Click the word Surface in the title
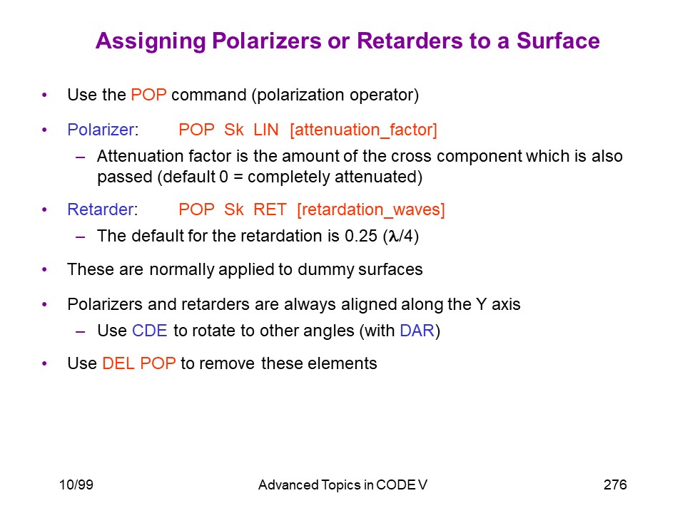558,41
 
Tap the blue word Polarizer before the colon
101,130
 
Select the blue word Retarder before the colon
100,209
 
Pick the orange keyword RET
270,209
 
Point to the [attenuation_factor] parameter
363,130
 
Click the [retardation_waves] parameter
371,209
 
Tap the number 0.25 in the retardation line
361,236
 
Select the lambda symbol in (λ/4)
393,237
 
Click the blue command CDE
149,331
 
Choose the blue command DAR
417,331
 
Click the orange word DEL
118,363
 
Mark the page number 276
615,484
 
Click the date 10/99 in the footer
76,484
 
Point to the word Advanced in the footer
288,484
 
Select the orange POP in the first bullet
148,95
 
